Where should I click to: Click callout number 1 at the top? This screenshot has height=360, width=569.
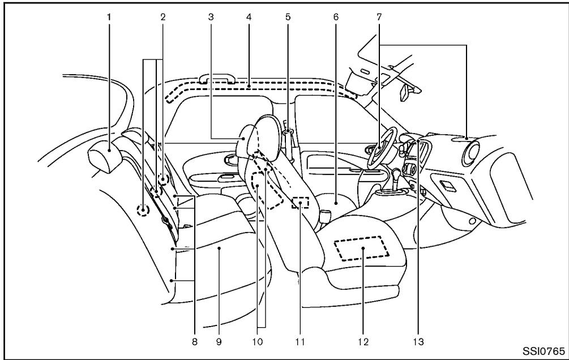point(110,17)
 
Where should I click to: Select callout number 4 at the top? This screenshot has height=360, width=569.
point(249,17)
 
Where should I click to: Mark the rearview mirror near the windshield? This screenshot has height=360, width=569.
point(407,93)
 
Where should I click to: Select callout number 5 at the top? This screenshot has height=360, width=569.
point(288,17)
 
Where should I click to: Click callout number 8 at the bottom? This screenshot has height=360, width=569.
point(194,342)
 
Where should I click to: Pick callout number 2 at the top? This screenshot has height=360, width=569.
point(162,17)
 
